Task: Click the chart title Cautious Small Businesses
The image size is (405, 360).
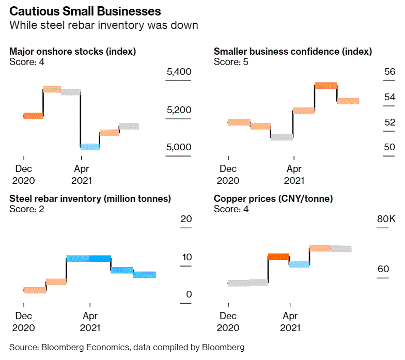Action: [x=85, y=11]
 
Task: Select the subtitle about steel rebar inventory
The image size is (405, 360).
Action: [x=104, y=25]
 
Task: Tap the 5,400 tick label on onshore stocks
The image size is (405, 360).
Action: [x=179, y=72]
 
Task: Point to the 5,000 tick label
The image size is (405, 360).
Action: [x=179, y=147]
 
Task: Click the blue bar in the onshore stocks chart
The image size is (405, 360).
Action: [x=90, y=147]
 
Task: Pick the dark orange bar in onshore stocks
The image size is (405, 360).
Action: [x=34, y=116]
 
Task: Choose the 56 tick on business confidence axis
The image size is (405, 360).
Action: [x=390, y=72]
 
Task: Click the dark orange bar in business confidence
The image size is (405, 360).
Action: [x=325, y=85]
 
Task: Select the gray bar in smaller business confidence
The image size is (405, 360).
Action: [x=282, y=137]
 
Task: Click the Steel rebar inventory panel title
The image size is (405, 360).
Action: [x=90, y=198]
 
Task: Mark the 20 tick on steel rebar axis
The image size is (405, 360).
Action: [x=186, y=219]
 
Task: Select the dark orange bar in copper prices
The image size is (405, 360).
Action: [x=278, y=257]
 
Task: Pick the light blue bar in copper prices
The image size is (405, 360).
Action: [x=299, y=264]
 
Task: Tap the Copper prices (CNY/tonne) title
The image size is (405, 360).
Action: [x=273, y=198]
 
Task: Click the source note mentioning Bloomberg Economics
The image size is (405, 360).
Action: [x=127, y=347]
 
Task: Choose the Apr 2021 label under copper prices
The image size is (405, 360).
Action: [x=290, y=321]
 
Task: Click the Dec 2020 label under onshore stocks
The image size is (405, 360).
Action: [x=23, y=174]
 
